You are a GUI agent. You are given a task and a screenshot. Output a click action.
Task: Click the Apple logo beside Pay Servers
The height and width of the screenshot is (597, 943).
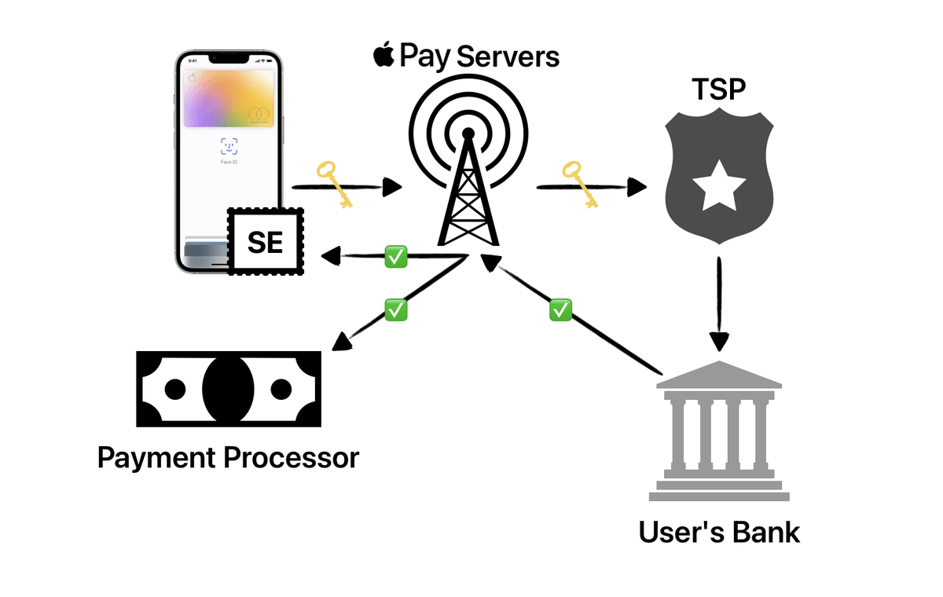[383, 56]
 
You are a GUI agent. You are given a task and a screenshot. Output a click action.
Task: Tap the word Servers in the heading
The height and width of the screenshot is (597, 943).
[508, 57]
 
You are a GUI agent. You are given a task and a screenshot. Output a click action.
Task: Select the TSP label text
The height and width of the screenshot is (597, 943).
[718, 90]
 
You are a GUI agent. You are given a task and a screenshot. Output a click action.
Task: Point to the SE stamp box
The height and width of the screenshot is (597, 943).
[266, 242]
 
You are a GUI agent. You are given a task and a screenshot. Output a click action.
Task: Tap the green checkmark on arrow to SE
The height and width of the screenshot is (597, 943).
[394, 255]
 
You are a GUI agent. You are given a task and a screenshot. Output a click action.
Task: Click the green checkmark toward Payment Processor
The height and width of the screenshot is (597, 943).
[395, 309]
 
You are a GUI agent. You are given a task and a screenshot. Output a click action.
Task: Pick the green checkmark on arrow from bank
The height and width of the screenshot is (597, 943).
[560, 309]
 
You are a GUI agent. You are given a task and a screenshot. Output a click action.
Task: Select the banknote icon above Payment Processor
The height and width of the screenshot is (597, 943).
[228, 389]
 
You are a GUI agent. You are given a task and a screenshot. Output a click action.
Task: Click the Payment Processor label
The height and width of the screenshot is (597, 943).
[228, 457]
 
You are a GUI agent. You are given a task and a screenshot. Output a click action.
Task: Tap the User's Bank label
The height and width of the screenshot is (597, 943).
[719, 532]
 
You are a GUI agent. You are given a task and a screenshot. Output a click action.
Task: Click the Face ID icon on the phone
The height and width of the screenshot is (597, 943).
[229, 145]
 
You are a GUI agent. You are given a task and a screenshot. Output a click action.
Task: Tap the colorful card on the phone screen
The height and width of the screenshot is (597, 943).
[229, 95]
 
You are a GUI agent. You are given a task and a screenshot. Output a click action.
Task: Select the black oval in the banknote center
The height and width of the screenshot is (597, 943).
[228, 389]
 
